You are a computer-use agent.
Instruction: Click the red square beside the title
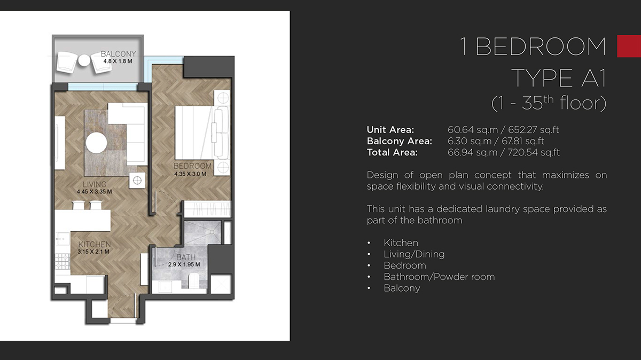click(x=629, y=46)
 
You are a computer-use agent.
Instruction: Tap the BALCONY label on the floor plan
click(x=118, y=54)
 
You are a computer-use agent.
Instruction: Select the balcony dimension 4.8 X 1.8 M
click(x=118, y=61)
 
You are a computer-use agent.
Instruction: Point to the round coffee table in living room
click(x=97, y=143)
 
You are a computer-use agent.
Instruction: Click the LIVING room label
click(x=94, y=185)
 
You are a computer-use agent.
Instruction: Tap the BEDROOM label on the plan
click(x=193, y=166)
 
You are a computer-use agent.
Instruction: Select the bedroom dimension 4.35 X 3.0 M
click(x=190, y=174)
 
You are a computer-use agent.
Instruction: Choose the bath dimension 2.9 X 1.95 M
click(x=184, y=264)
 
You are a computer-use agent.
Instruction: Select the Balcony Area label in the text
click(x=399, y=141)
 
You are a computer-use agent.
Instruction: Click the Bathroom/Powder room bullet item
click(x=439, y=277)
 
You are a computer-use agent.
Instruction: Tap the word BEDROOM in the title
click(x=541, y=47)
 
